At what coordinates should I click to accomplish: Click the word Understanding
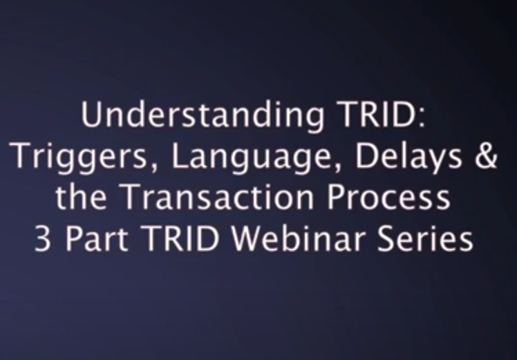[203, 116]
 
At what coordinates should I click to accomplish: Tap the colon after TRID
[422, 117]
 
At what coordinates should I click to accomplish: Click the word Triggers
[78, 158]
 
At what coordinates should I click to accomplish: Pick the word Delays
[409, 158]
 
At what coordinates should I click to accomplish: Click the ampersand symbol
[486, 156]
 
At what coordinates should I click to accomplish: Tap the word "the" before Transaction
[81, 197]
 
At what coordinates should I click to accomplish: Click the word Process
[388, 197]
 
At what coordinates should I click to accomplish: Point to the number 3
[43, 238]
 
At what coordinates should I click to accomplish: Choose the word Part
[97, 238]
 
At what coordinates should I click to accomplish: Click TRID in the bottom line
[181, 238]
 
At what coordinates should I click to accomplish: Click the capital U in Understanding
[91, 115]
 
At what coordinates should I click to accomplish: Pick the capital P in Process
[336, 197]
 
